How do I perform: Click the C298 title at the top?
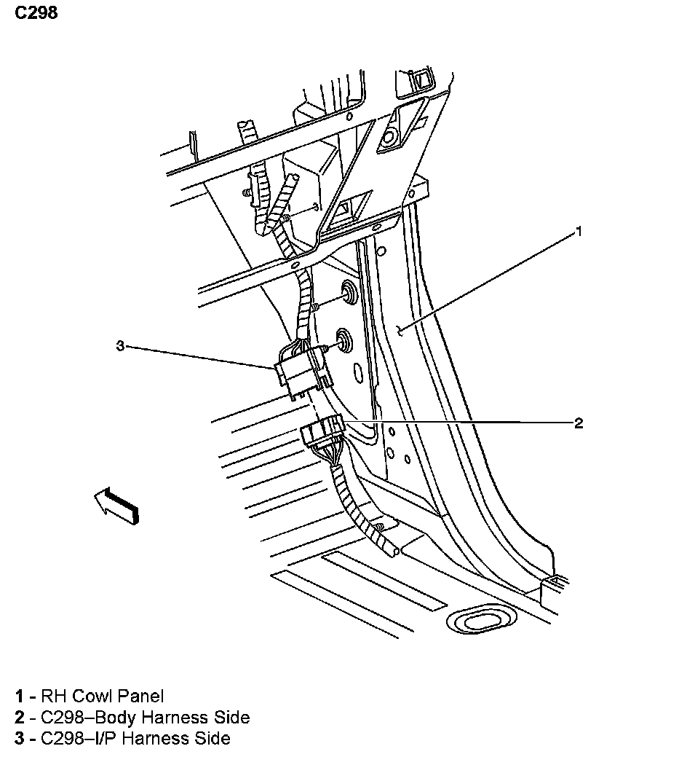(x=36, y=12)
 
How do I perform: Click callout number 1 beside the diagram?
(x=579, y=232)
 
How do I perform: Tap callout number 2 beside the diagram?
(x=579, y=423)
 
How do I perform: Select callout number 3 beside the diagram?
(x=120, y=345)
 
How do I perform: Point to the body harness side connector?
(x=322, y=431)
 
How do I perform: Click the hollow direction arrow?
(x=116, y=505)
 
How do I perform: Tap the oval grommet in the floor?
(x=481, y=619)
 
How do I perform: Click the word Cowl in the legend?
(x=95, y=696)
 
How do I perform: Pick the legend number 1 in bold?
(x=20, y=696)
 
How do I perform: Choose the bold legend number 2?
(x=20, y=717)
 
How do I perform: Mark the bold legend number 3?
(x=20, y=738)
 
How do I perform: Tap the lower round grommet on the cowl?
(x=343, y=341)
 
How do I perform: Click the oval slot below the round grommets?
(x=357, y=372)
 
